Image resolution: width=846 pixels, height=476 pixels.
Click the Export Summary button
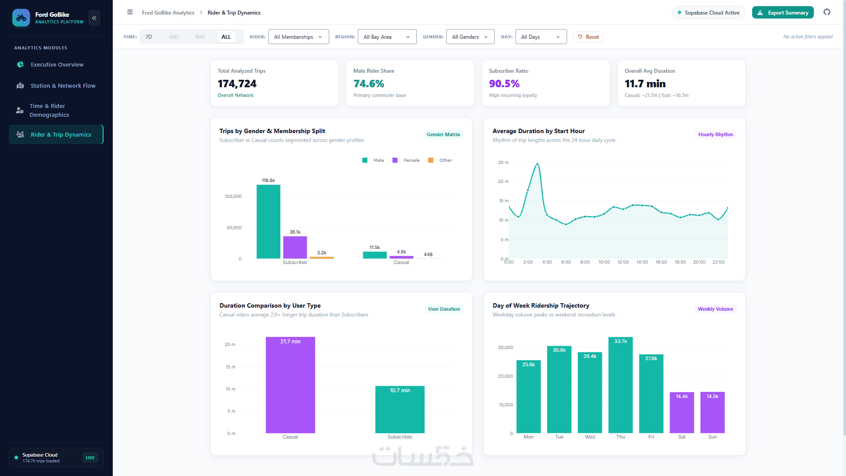(783, 12)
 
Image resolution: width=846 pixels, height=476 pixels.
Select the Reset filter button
(588, 37)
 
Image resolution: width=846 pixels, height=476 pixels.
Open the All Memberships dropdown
(298, 37)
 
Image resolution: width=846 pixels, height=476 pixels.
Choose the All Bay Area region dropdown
(387, 37)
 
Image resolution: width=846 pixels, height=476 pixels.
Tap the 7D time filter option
(149, 37)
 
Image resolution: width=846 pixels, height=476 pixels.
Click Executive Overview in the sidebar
(56, 64)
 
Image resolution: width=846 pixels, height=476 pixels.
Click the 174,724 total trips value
(237, 84)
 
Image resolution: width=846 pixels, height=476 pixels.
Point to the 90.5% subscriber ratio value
(504, 84)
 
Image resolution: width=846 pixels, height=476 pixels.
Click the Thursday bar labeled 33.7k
(620, 385)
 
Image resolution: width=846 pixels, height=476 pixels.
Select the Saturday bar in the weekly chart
(682, 413)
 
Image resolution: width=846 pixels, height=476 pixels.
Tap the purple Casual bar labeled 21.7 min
(290, 385)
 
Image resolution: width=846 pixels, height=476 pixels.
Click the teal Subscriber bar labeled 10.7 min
(400, 409)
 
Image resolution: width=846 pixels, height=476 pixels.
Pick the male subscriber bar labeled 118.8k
(268, 222)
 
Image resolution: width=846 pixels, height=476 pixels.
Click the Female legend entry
(406, 160)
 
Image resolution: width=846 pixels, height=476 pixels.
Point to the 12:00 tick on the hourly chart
(623, 262)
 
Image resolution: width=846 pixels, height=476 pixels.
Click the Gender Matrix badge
(443, 134)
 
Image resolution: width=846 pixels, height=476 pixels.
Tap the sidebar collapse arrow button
(94, 18)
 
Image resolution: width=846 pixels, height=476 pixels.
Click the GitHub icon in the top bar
(827, 12)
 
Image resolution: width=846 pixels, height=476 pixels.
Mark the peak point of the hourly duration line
(537, 164)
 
